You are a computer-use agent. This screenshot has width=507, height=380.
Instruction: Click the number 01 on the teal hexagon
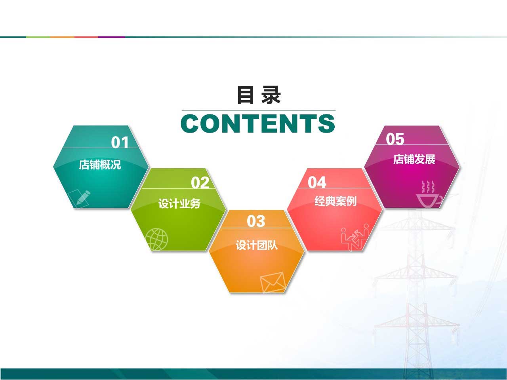pyautogui.click(x=120, y=142)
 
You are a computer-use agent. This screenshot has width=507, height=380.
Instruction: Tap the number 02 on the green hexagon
pyautogui.click(x=200, y=183)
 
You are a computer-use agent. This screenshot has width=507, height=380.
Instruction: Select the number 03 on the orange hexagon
pyautogui.click(x=256, y=221)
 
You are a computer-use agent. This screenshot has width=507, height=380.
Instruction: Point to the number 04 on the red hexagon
pyautogui.click(x=317, y=182)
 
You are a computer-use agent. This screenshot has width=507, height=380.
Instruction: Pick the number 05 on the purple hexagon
pyautogui.click(x=395, y=139)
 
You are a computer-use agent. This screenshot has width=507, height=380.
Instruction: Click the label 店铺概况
pyautogui.click(x=100, y=165)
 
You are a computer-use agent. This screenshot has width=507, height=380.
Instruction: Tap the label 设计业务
pyautogui.click(x=179, y=203)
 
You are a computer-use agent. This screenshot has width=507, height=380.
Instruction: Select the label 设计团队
pyautogui.click(x=257, y=245)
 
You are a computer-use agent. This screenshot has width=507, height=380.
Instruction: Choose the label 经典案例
pyautogui.click(x=335, y=201)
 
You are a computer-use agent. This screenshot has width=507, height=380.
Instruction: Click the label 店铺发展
pyautogui.click(x=414, y=160)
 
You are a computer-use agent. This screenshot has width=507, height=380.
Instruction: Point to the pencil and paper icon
pyautogui.click(x=79, y=199)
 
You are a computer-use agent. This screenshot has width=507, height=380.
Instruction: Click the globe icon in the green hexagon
pyautogui.click(x=156, y=239)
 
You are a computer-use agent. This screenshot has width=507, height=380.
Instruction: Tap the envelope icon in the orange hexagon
pyautogui.click(x=273, y=282)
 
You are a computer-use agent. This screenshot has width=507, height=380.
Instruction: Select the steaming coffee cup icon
pyautogui.click(x=429, y=194)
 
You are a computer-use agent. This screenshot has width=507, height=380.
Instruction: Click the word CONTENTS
pyautogui.click(x=258, y=123)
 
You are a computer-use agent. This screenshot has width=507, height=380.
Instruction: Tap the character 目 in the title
pyautogui.click(x=245, y=95)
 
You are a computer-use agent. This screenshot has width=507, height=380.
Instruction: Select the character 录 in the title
pyautogui.click(x=271, y=95)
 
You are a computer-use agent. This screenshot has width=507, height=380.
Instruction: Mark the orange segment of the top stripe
pyautogui.click(x=62, y=37)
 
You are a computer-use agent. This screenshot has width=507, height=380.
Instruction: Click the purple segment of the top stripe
pyautogui.click(x=112, y=37)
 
